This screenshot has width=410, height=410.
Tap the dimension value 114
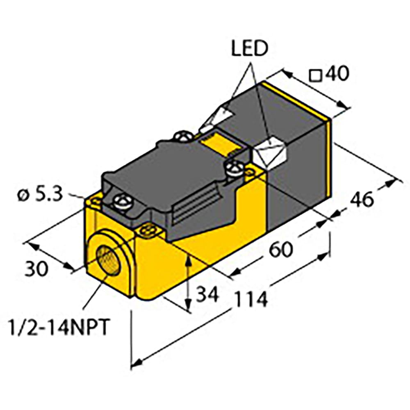click(x=251, y=300)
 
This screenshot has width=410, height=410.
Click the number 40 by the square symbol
click(x=336, y=74)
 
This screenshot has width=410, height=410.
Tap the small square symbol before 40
click(x=315, y=75)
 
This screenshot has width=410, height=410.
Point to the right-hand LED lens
click(x=269, y=154)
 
